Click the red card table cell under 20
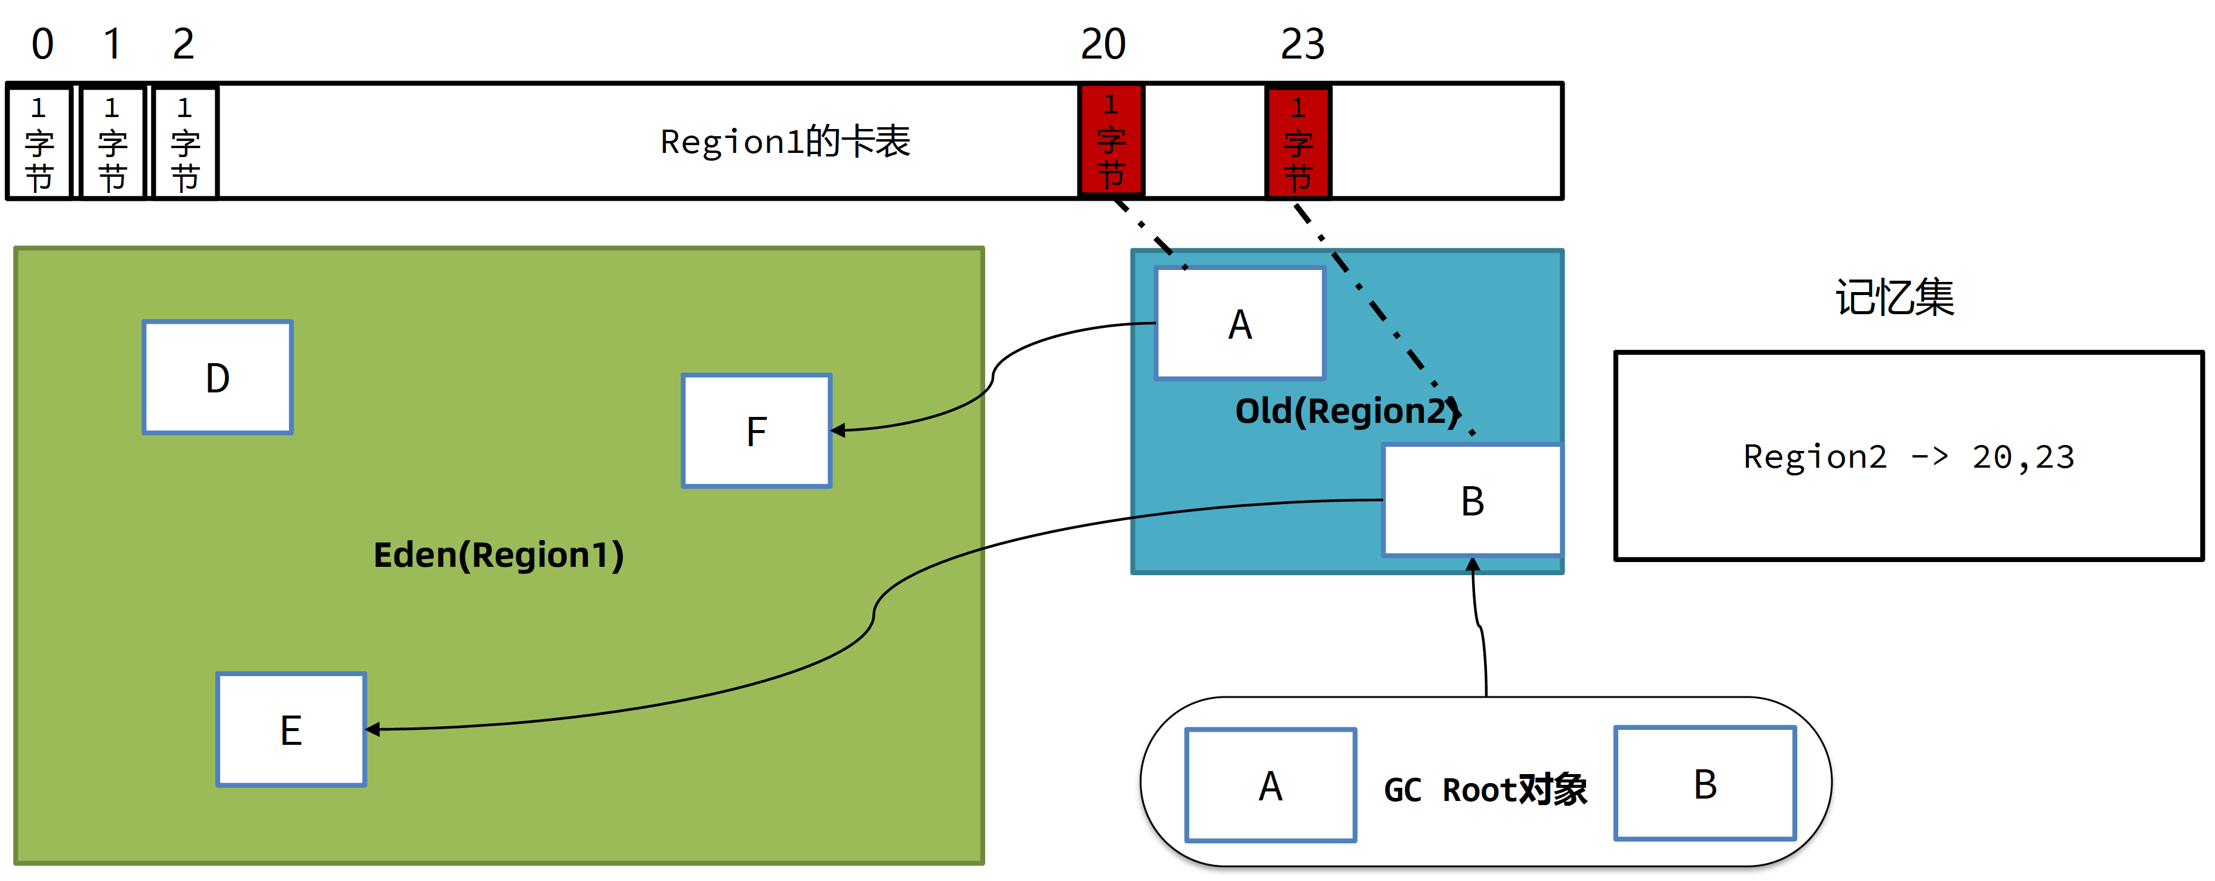[1111, 141]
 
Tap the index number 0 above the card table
[42, 44]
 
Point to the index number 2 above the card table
[183, 44]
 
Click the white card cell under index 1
[112, 143]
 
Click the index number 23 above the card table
[1302, 44]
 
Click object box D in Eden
[218, 377]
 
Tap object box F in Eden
[757, 431]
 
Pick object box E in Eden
[291, 729]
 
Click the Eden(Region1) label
[499, 555]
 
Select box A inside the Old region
[1240, 324]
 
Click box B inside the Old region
[1472, 501]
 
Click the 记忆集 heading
[1895, 297]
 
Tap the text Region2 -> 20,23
[1909, 457]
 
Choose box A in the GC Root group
[1270, 785]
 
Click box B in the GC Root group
[1704, 783]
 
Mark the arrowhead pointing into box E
[372, 729]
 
